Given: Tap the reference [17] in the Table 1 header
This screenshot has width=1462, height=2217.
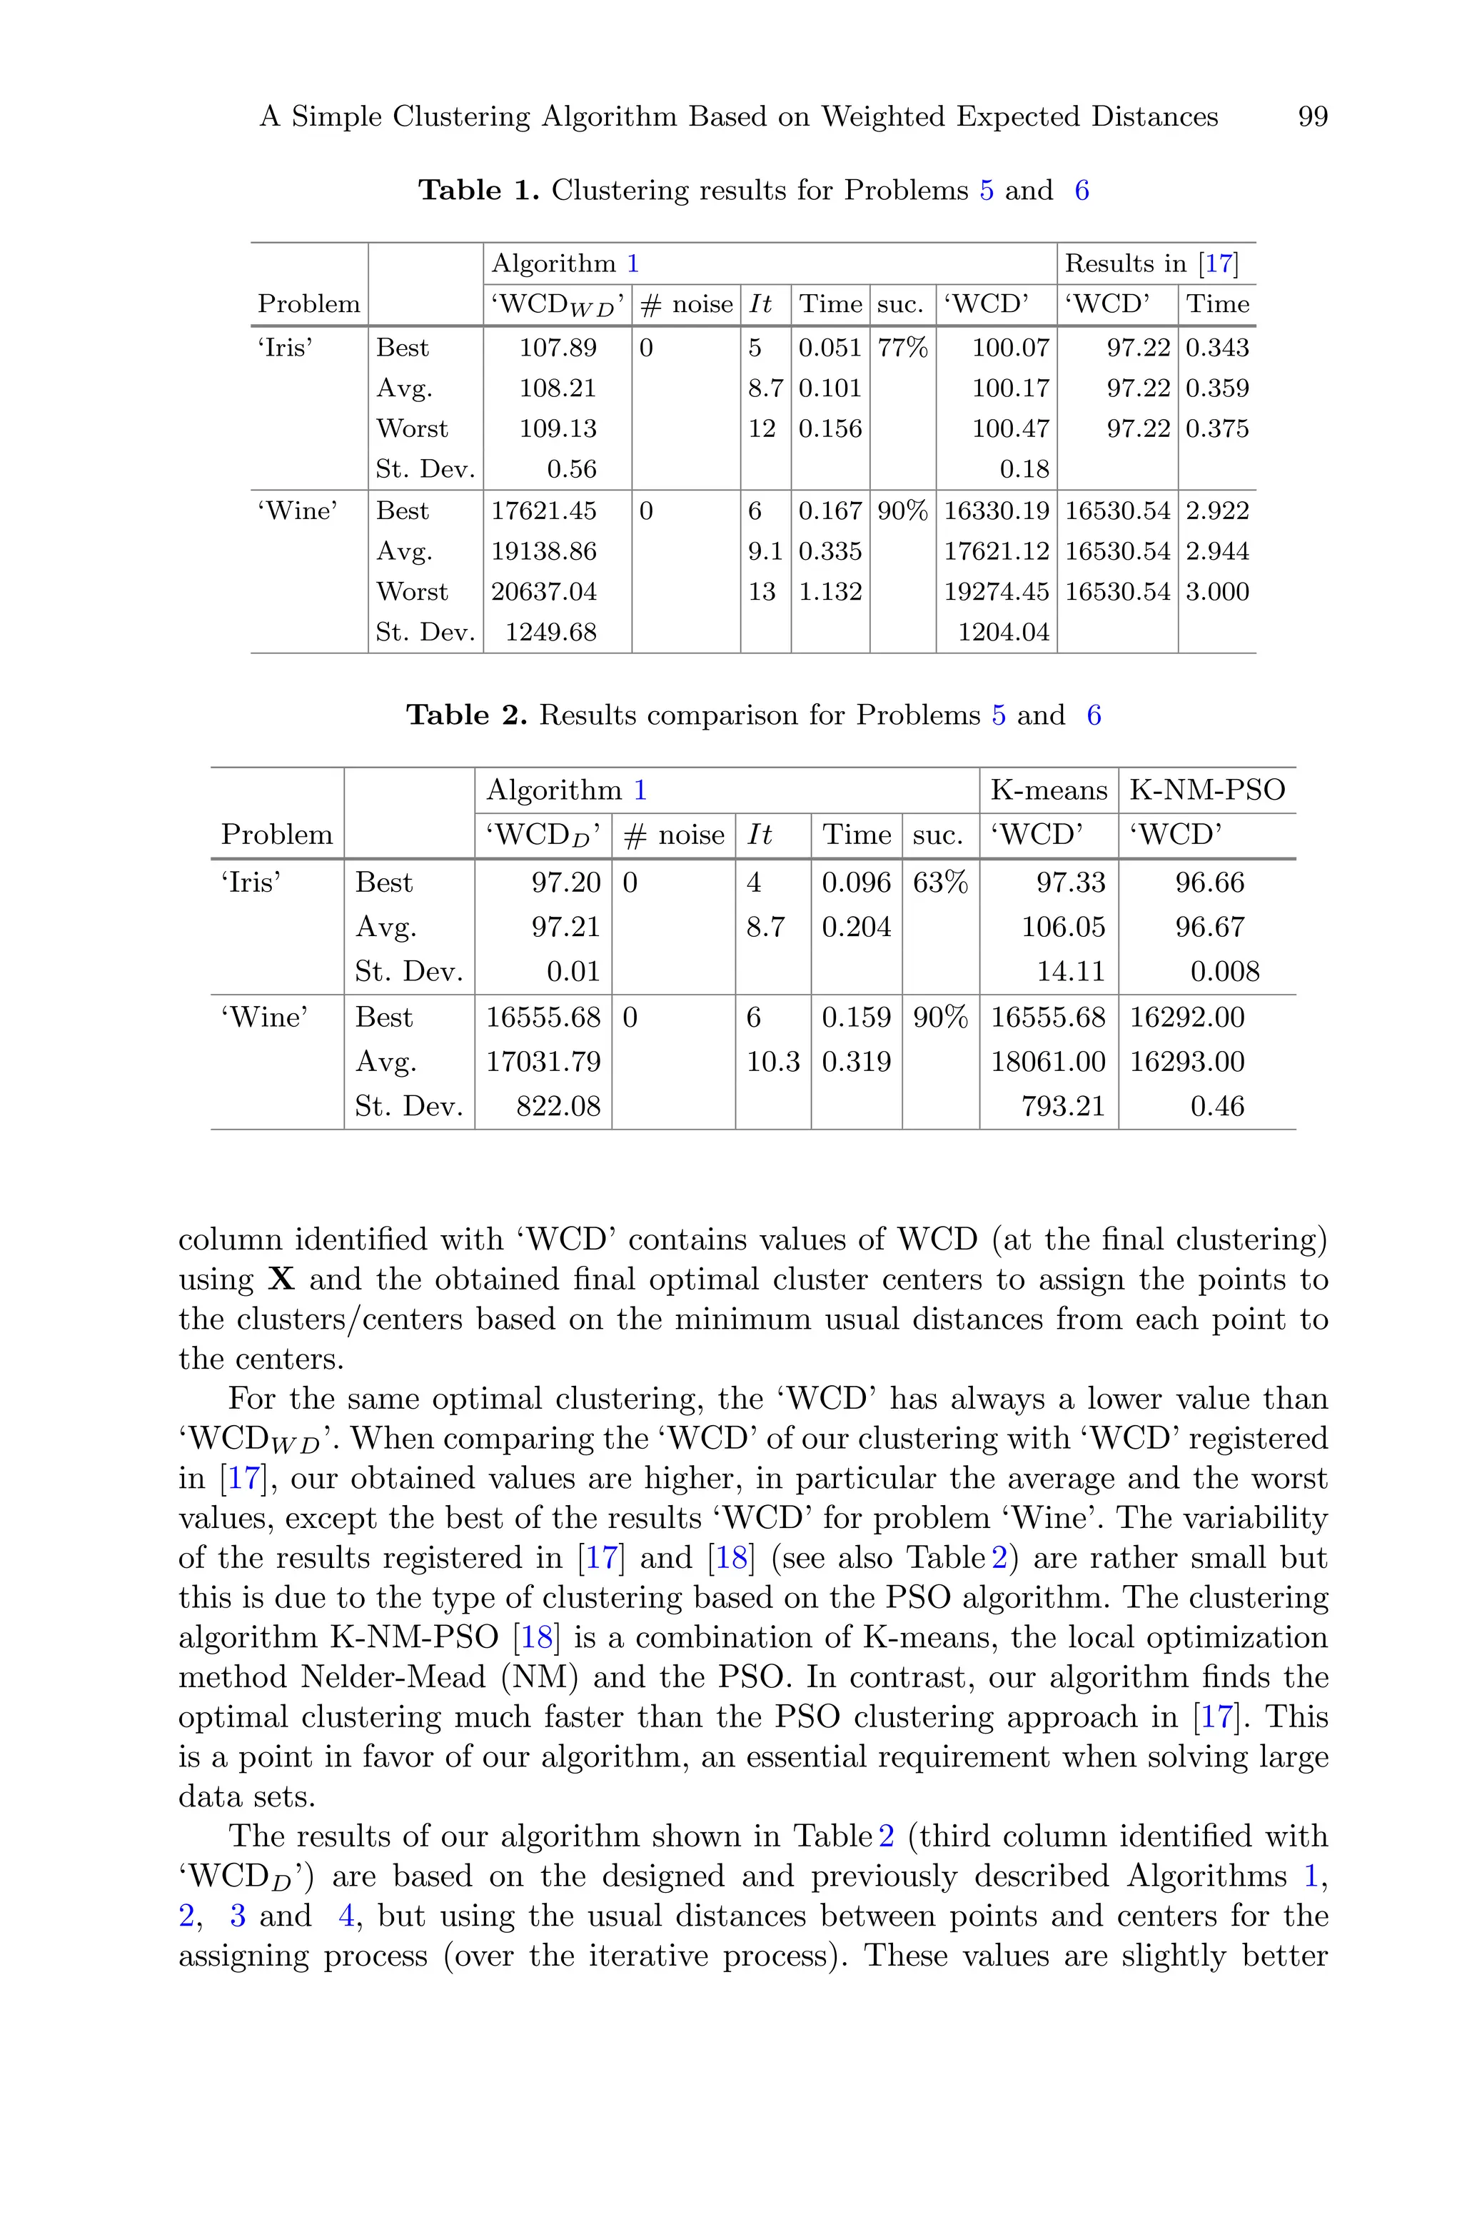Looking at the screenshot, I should [x=1218, y=264].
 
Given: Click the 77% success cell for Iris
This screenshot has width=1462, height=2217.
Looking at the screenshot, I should [x=902, y=348].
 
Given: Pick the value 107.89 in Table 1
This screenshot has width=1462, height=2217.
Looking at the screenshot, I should [x=558, y=348].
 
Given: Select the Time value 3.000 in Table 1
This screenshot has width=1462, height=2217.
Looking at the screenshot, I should [x=1216, y=592].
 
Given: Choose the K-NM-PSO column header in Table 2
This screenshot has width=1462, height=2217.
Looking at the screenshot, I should [x=1206, y=790].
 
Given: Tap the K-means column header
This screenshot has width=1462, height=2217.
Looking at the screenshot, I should [x=1048, y=790].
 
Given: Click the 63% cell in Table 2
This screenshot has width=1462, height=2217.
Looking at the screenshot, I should [x=940, y=882].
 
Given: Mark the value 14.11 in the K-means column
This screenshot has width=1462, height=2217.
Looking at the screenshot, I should [x=1070, y=972].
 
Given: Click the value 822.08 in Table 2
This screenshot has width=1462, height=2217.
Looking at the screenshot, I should [x=558, y=1107].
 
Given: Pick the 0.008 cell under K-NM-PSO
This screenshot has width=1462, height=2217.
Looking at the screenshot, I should [x=1224, y=972].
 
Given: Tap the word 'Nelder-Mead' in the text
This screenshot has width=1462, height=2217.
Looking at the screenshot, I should [x=393, y=1677].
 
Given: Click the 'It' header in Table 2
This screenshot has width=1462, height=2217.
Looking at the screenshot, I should [x=759, y=835].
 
